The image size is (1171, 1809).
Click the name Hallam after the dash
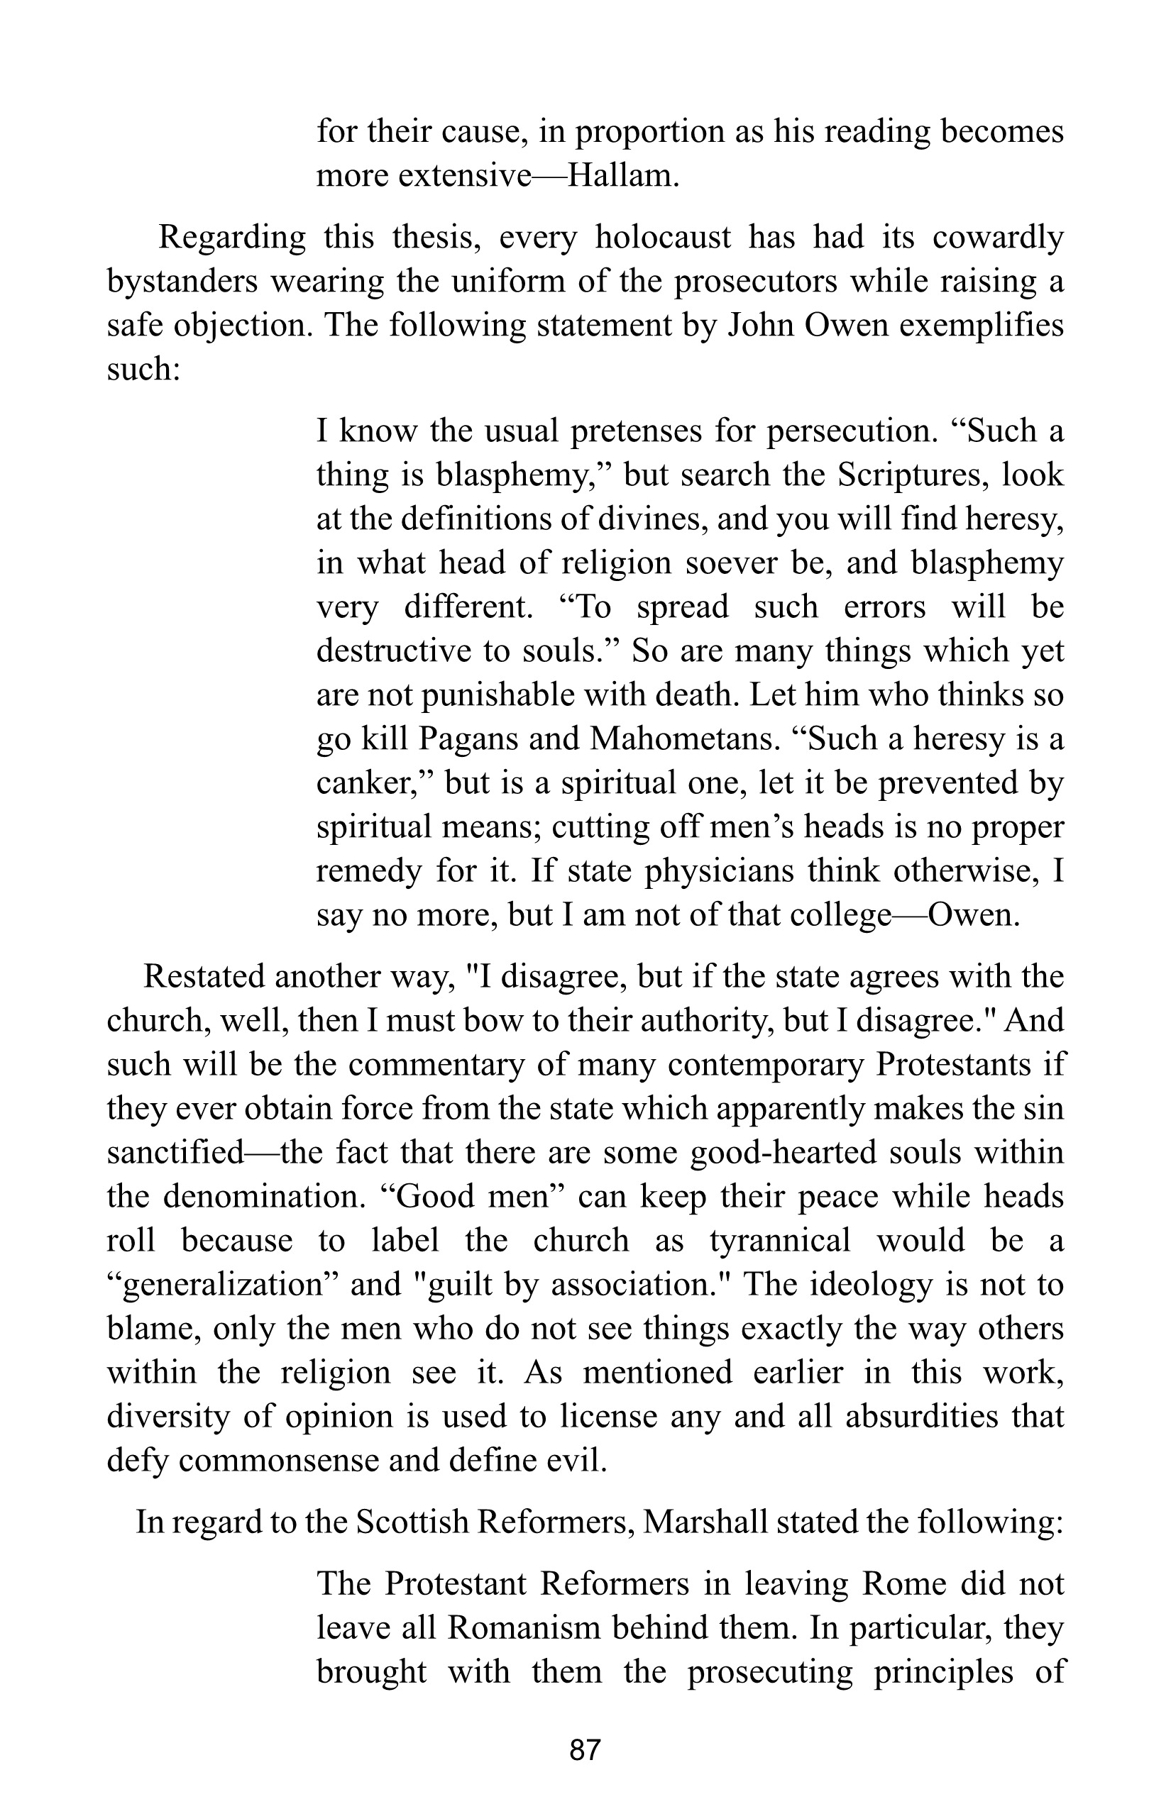pos(620,176)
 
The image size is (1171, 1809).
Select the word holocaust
pos(662,237)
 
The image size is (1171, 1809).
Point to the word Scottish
pos(413,1522)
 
